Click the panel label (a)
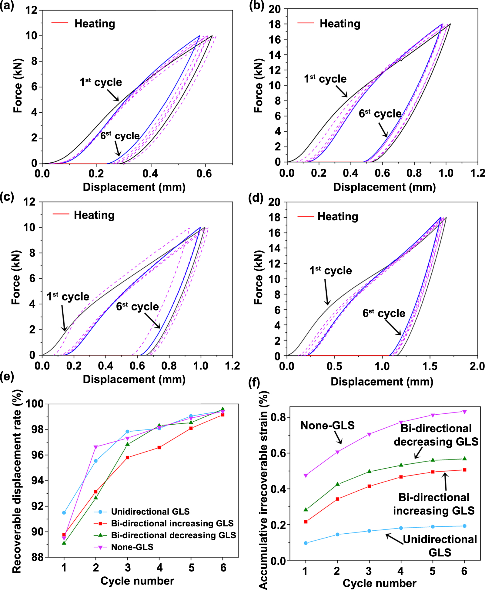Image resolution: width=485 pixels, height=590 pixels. tap(7, 6)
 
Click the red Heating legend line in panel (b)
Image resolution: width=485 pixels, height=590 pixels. tap(306, 23)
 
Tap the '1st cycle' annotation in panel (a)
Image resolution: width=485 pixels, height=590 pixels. tap(101, 82)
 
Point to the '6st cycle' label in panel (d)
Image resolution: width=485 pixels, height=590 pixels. tap(384, 313)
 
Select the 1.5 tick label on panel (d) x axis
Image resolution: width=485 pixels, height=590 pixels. tap(430, 366)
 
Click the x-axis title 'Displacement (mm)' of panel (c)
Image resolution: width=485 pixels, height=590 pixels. tap(134, 379)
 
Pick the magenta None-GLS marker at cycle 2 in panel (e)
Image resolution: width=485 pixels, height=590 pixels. tap(96, 447)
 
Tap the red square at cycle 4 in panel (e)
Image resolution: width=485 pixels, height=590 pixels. tap(159, 447)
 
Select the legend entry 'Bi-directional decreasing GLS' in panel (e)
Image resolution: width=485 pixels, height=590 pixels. tap(173, 535)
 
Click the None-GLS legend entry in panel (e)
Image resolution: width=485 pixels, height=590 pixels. tap(132, 547)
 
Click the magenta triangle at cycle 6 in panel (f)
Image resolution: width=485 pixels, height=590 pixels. tap(464, 412)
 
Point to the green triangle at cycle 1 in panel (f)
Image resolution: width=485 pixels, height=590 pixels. tap(306, 509)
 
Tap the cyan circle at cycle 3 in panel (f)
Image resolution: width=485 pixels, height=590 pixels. tap(369, 531)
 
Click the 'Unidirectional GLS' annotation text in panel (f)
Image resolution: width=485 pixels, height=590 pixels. tap(440, 545)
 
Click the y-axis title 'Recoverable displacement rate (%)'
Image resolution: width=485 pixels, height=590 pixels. tap(17, 482)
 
